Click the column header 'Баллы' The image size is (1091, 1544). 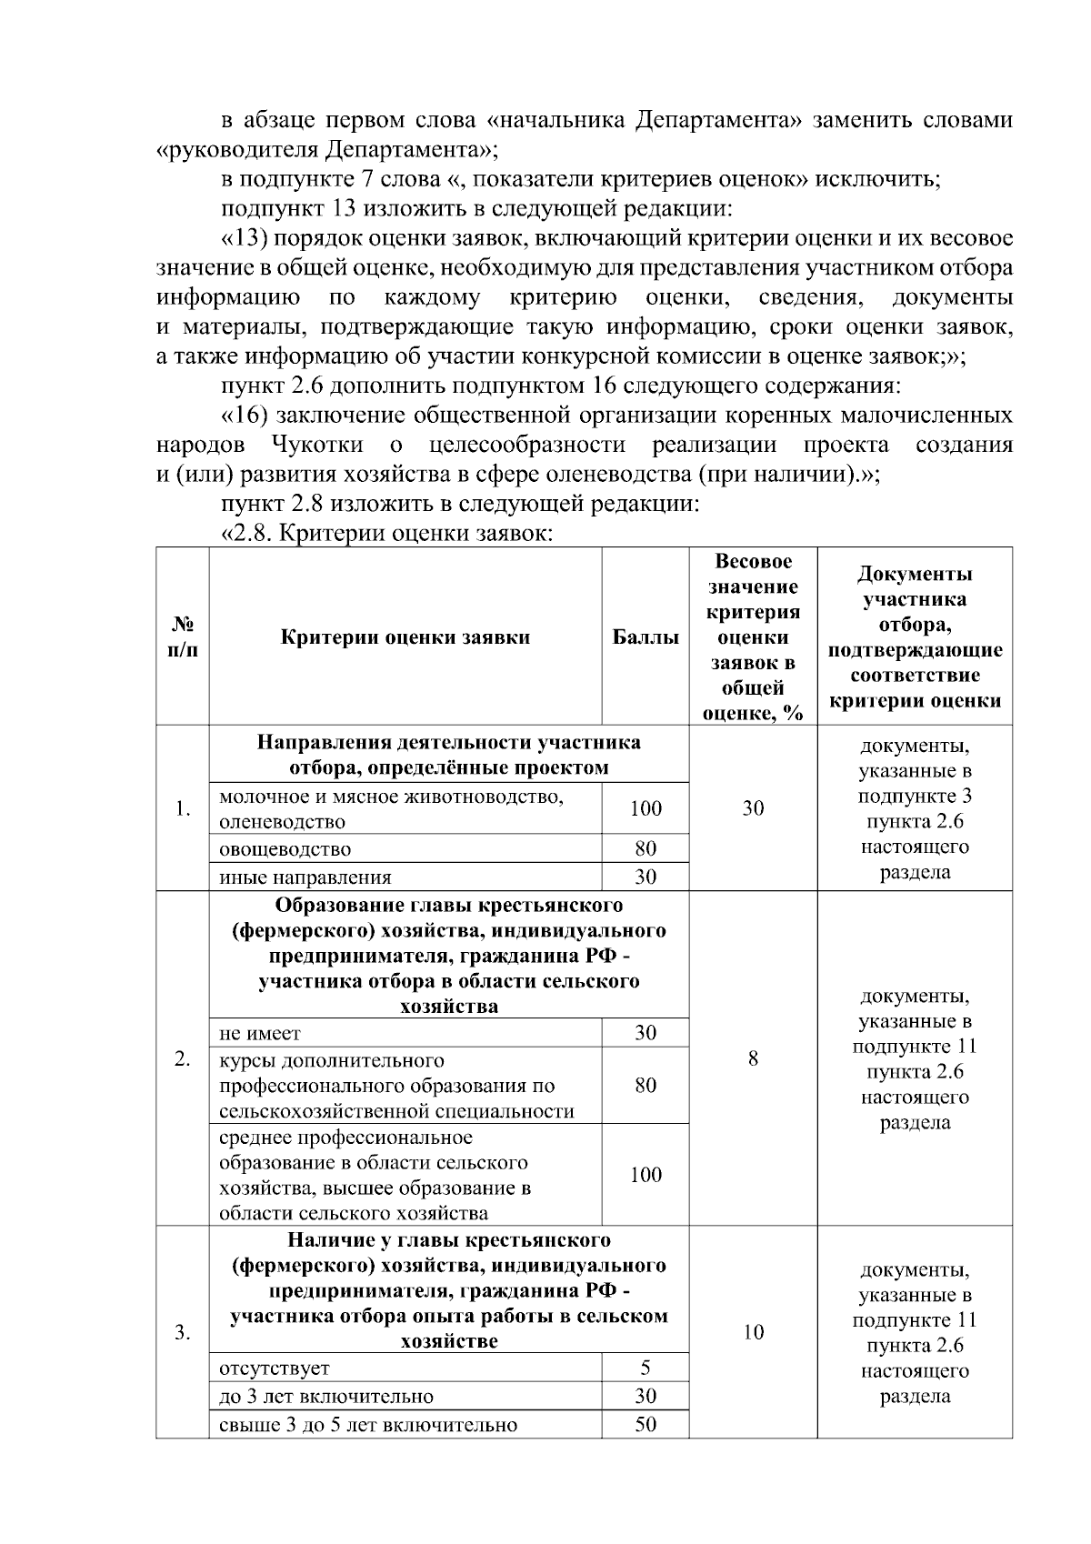[x=646, y=637]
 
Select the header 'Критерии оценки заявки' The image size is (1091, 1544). [x=405, y=637]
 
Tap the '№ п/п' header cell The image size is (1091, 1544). [x=183, y=637]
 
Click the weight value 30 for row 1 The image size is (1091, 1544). [x=753, y=808]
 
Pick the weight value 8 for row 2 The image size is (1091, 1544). [x=753, y=1058]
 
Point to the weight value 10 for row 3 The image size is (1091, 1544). [x=753, y=1333]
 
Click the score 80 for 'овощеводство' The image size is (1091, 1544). [x=646, y=849]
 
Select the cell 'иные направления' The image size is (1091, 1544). [x=305, y=877]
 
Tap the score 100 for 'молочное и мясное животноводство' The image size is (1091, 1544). [x=646, y=808]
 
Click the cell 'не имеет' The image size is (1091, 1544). [x=260, y=1033]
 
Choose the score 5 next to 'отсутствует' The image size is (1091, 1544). [x=646, y=1368]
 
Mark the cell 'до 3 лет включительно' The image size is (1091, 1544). [x=326, y=1396]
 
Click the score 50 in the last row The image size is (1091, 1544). [x=646, y=1424]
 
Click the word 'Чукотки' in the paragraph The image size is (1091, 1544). [x=318, y=445]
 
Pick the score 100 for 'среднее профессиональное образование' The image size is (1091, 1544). [x=646, y=1175]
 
